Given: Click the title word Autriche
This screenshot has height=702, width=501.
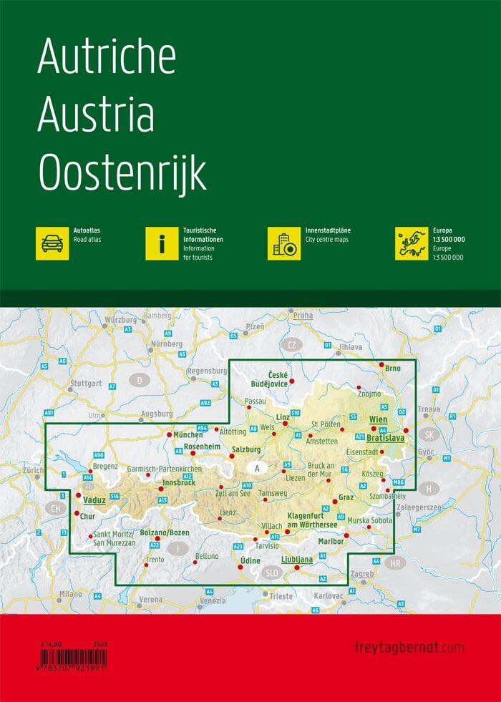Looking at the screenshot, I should click(107, 56).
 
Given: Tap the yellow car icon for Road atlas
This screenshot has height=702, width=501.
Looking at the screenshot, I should click(52, 243).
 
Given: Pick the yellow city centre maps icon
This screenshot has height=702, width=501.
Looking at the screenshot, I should click(283, 243).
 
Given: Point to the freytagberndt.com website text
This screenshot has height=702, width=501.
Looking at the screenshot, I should click(409, 648).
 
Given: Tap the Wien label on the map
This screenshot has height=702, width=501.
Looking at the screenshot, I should click(377, 419).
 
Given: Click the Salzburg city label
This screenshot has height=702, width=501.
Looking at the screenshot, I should click(247, 449).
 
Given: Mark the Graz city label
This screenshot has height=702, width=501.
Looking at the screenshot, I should click(346, 497).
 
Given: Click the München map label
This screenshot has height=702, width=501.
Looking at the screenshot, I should click(189, 434).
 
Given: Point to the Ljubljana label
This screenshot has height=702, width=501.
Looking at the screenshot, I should click(297, 559).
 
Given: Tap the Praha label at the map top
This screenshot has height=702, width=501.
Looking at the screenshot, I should click(303, 315).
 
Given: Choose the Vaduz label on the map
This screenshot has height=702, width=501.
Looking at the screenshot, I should click(94, 499).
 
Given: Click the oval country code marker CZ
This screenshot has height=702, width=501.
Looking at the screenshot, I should click(291, 345).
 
